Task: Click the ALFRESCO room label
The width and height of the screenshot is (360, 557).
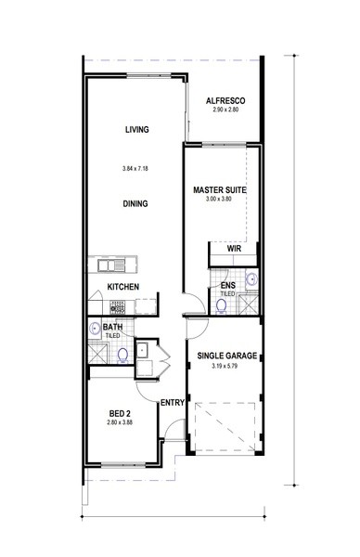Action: [x=225, y=101]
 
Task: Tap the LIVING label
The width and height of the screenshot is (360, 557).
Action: [x=137, y=130]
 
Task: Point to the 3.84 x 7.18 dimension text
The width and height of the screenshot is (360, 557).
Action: [x=135, y=168]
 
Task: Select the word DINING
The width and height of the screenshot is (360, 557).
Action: [x=135, y=204]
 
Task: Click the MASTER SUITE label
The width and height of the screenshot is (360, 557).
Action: [x=220, y=190]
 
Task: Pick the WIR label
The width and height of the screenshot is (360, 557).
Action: [x=234, y=249]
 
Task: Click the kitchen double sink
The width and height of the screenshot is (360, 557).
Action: [x=111, y=266]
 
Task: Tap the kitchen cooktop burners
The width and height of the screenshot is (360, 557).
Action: [x=118, y=307]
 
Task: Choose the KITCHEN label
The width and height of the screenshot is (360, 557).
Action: [x=123, y=287]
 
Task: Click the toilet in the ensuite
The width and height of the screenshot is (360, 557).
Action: [x=222, y=306]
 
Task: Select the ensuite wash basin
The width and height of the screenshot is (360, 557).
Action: [x=251, y=279]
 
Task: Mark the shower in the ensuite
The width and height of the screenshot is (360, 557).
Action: [x=248, y=304]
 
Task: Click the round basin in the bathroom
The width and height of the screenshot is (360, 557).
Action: [x=95, y=329]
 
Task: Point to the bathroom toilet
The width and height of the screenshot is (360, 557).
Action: [x=122, y=356]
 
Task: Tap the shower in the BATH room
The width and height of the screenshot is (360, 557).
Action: [x=97, y=352]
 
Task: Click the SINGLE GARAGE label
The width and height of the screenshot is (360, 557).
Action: [x=227, y=356]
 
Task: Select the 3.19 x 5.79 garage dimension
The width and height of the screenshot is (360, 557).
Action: [x=225, y=366]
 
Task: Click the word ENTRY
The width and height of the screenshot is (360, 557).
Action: [x=173, y=403]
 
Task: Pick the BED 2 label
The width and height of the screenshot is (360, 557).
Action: [x=120, y=414]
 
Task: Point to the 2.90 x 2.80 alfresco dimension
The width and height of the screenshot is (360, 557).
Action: [x=225, y=110]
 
